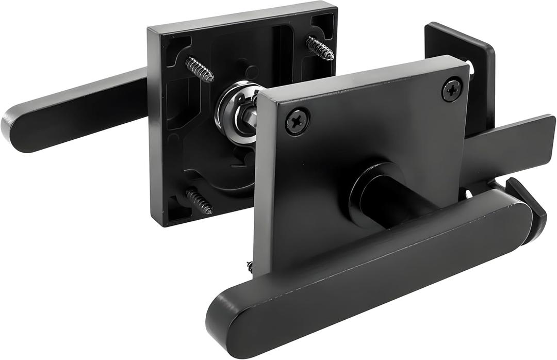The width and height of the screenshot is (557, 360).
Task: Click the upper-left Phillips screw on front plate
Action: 298,122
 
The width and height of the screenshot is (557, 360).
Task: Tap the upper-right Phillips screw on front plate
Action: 452,89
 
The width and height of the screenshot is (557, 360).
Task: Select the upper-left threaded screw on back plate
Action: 200,69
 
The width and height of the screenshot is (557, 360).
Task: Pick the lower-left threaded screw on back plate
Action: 200,201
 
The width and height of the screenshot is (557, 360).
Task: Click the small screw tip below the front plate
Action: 250,267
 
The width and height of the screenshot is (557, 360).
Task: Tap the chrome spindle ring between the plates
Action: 235,111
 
